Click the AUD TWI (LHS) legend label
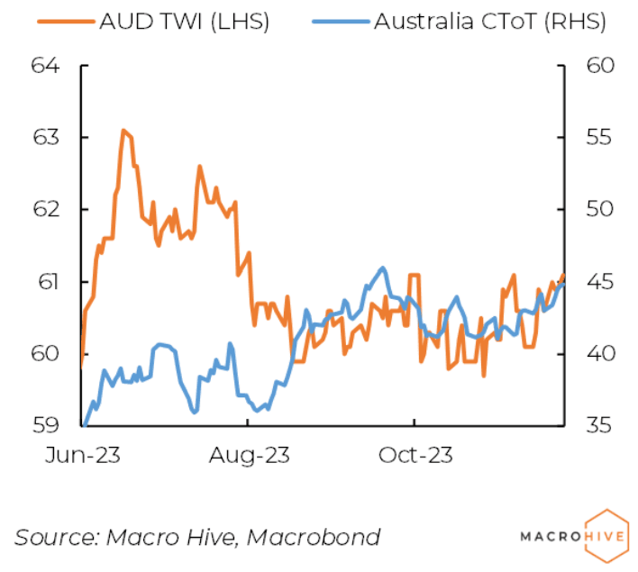click(185, 22)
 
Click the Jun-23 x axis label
click(84, 455)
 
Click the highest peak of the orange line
click(123, 131)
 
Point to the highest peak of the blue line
click(382, 268)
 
